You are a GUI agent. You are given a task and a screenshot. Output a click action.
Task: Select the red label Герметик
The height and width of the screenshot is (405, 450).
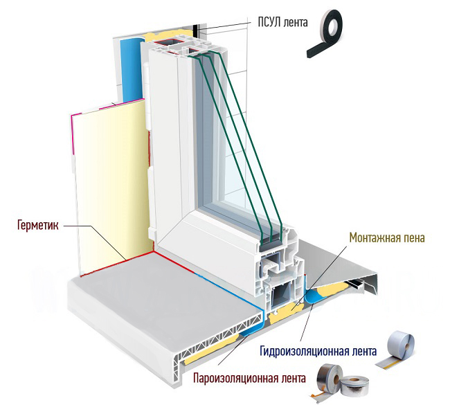click(35, 225)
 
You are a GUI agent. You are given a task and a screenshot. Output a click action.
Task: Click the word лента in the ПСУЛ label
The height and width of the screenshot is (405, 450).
click(291, 23)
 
